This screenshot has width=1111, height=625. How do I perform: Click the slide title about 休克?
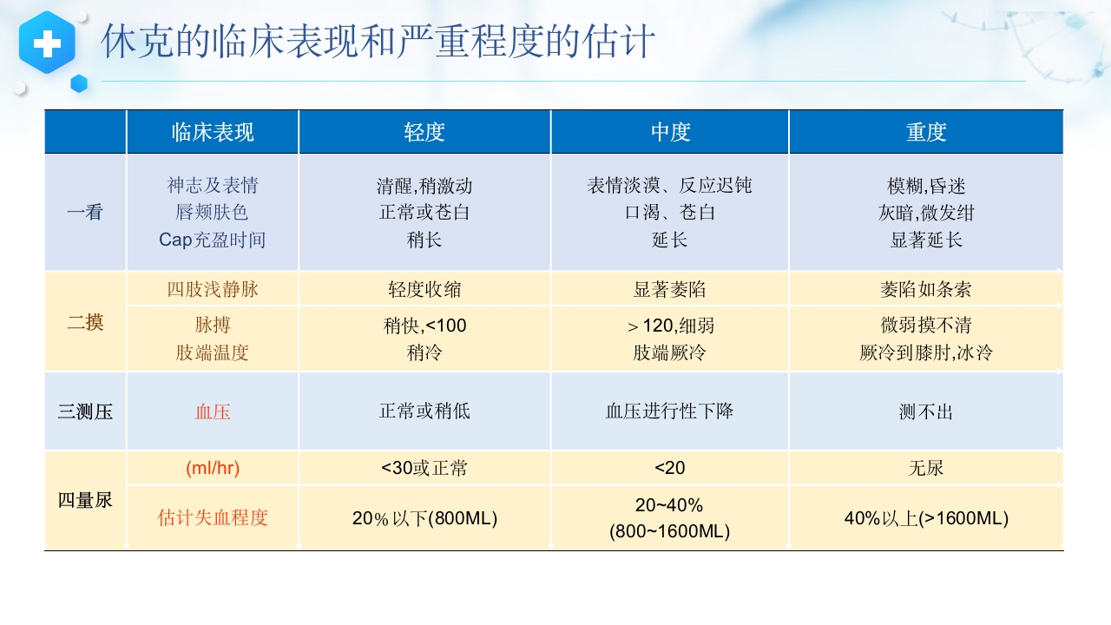(x=378, y=41)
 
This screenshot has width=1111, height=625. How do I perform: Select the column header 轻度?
(x=424, y=132)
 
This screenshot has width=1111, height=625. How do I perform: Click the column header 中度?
(x=670, y=132)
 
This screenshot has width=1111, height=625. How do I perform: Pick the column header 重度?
(x=926, y=132)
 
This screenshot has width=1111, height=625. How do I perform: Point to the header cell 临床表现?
(x=213, y=132)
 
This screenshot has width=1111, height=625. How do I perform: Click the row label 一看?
(x=85, y=212)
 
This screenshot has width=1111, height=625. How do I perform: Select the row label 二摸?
(x=85, y=323)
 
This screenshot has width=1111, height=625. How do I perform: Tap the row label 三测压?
(x=85, y=411)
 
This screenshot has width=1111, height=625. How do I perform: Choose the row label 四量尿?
(x=85, y=500)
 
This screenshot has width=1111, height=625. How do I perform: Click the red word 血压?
(x=213, y=411)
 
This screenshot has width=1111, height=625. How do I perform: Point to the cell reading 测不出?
(x=926, y=411)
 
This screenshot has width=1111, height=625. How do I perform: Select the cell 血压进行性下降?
(x=669, y=411)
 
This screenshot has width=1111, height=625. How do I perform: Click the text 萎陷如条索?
(x=926, y=289)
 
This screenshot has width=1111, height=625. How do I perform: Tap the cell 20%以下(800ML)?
(x=424, y=518)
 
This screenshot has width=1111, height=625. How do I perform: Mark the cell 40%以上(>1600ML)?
(x=926, y=518)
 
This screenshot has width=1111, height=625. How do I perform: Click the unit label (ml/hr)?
(x=213, y=468)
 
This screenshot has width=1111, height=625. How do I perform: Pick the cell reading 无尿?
(x=926, y=468)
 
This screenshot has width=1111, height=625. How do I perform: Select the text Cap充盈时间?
(x=213, y=240)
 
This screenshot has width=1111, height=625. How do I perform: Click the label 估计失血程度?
(x=213, y=518)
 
